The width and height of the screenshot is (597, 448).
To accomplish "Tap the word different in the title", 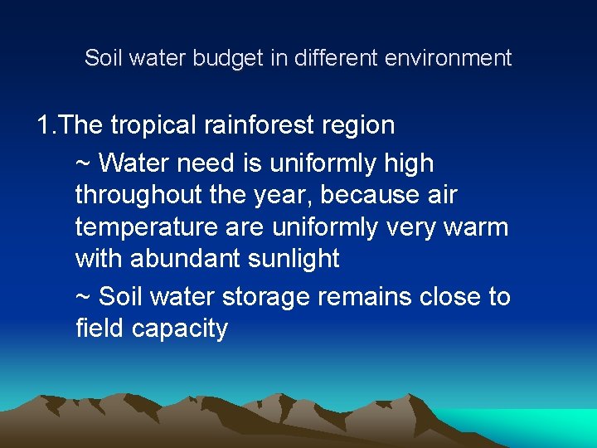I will tap(333, 58).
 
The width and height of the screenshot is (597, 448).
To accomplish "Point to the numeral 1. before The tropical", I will tap(46, 126).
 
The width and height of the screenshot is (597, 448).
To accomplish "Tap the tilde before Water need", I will tap(84, 163).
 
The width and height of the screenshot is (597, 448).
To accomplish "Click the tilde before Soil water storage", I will tap(84, 297).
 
